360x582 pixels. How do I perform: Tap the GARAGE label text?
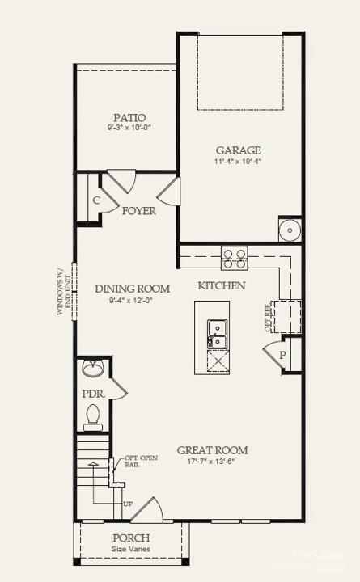(238, 150)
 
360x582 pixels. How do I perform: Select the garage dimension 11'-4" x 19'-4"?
(238, 162)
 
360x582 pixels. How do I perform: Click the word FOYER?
(139, 211)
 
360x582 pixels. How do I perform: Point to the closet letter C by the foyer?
(95, 200)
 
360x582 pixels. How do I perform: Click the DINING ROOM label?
(132, 289)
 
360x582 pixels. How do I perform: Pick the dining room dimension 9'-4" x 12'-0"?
(131, 300)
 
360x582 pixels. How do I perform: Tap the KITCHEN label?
(222, 286)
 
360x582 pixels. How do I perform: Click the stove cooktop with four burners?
(235, 259)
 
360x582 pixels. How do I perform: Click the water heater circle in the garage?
(290, 230)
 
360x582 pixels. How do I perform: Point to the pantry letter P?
(283, 355)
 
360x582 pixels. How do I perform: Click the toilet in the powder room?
(92, 417)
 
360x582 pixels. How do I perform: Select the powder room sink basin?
(92, 369)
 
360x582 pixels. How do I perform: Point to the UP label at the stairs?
(128, 504)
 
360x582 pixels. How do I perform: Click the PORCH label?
(130, 538)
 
